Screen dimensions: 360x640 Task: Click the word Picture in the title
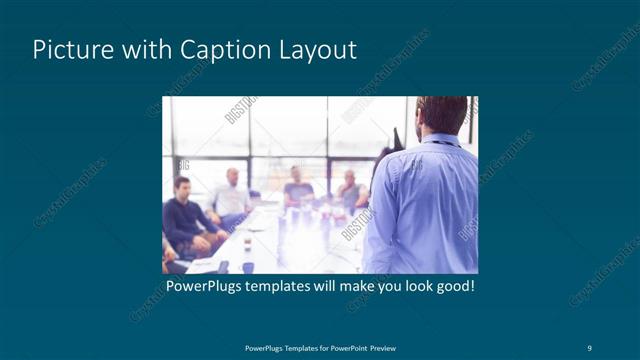(68, 50)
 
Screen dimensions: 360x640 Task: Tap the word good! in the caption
(452, 287)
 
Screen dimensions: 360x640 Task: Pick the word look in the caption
(413, 287)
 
